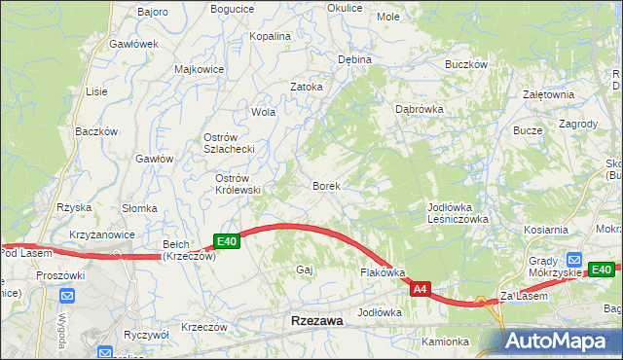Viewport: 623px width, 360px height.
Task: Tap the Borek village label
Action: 325,185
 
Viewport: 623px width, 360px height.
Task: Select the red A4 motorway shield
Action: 420,289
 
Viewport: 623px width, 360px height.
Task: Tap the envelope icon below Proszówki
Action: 66,295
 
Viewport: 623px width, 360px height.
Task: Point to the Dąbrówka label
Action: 420,109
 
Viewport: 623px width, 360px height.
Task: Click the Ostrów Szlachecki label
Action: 228,143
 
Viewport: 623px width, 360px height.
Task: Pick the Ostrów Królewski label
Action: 238,184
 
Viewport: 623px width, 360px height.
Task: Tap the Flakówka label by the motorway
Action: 383,273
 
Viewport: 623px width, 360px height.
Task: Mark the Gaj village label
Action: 304,270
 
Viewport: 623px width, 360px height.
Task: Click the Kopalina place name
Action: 270,36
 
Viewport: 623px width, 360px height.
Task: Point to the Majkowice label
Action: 199,69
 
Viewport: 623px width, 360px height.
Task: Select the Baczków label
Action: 96,130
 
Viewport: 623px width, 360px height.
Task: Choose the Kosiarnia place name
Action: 545,230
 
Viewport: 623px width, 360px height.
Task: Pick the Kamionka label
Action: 446,342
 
